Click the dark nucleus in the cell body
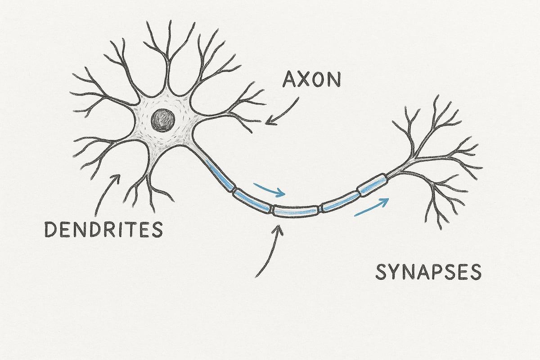click(163, 120)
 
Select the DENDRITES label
click(103, 230)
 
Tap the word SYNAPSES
click(428, 272)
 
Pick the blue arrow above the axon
click(269, 189)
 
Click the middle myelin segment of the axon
click(296, 210)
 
